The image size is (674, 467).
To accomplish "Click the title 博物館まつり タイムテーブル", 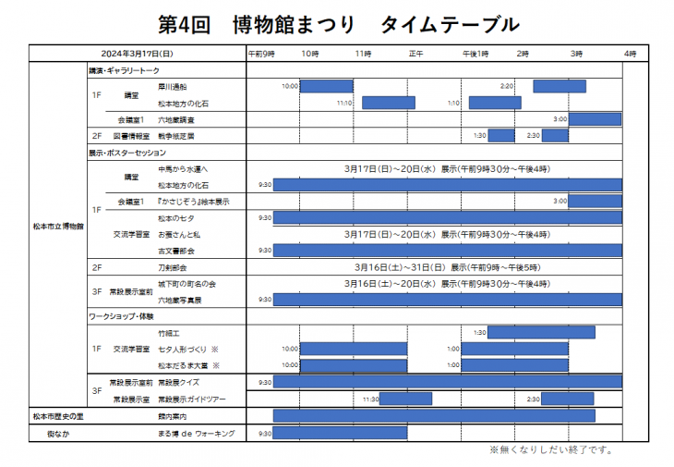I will point(337,22).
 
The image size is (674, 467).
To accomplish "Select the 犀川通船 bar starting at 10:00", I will point(327,86).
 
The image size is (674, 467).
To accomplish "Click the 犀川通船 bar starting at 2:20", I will point(559,86).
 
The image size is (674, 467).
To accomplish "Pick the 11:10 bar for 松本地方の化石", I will point(388,103).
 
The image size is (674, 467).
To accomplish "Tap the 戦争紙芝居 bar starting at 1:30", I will point(500,136).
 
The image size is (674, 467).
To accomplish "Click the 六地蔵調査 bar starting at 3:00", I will point(595,119).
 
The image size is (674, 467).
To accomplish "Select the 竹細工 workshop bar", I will point(540,332).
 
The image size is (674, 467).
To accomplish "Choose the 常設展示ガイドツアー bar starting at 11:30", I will point(406,399).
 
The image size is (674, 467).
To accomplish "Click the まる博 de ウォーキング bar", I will point(340,433).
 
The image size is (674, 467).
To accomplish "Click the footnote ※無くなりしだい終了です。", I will point(550,450).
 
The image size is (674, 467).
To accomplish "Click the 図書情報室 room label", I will point(136,136).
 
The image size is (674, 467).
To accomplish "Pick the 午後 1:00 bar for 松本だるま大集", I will point(513,365).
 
